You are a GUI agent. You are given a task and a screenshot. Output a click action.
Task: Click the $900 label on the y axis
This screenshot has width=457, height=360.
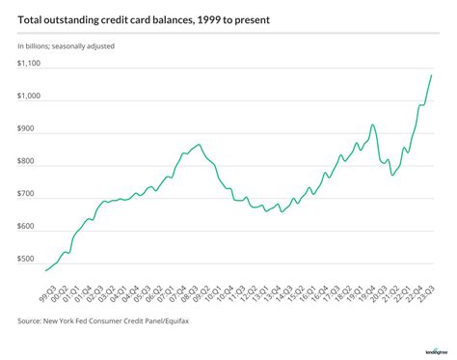27,129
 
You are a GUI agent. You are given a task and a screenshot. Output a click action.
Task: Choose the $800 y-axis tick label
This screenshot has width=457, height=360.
27,162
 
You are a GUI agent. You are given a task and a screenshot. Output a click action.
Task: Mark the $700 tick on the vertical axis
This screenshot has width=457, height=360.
27,195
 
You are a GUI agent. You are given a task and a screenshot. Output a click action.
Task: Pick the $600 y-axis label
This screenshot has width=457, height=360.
27,228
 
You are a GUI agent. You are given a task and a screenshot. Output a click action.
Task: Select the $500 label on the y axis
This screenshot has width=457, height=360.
27,260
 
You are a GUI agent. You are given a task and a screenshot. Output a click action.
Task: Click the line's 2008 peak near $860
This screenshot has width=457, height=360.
198,144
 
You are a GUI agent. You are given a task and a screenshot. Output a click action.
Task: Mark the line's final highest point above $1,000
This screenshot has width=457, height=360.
431,75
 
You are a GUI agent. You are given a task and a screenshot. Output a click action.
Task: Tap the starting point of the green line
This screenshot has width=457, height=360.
46,270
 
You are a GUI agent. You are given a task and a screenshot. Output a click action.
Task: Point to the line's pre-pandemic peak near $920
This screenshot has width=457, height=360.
372,125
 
